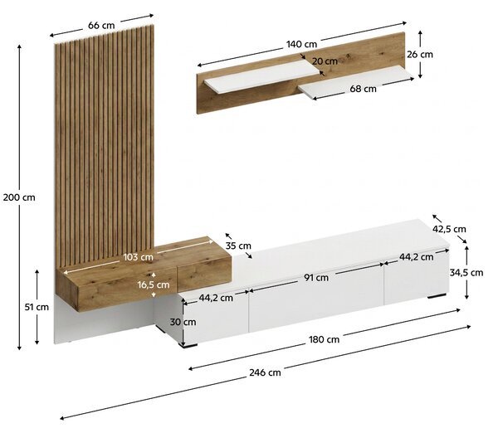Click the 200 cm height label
click(x=19, y=197)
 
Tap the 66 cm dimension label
click(x=101, y=26)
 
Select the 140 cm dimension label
click(x=302, y=44)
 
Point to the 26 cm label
click(x=420, y=55)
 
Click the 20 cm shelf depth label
click(x=325, y=61)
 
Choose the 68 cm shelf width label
click(x=363, y=89)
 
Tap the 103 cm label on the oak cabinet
click(x=138, y=257)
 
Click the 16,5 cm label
click(x=154, y=285)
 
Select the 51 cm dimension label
click(x=37, y=307)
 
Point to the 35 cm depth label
click(x=238, y=246)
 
